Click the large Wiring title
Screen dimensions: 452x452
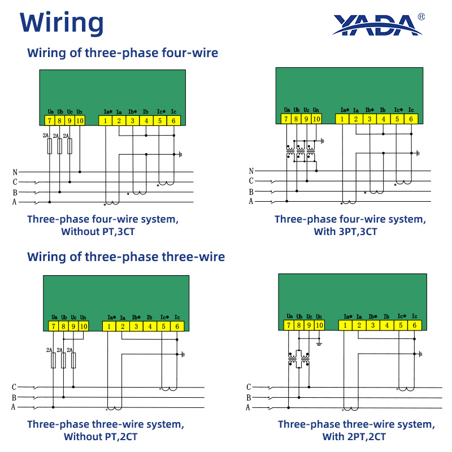click(x=62, y=23)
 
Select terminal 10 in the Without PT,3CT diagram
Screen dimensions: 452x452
click(x=80, y=120)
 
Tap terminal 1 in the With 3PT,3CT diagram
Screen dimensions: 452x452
click(x=342, y=119)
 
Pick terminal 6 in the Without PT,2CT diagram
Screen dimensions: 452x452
click(x=177, y=327)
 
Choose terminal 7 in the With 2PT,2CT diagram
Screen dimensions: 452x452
click(x=289, y=325)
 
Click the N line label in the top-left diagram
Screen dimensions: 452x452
click(x=15, y=172)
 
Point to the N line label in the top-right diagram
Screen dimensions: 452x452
click(x=251, y=171)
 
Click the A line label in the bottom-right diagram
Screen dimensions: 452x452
click(x=248, y=407)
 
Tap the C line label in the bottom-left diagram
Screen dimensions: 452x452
click(x=14, y=387)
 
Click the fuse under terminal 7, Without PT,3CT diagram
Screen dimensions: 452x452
click(x=50, y=146)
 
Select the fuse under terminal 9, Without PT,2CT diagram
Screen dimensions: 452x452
click(x=73, y=360)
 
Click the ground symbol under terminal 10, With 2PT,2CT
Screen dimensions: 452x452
click(x=319, y=344)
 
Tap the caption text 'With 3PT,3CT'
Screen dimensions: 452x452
click(x=345, y=232)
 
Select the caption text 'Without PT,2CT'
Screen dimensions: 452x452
click(x=101, y=436)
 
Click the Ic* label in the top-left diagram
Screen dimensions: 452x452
click(x=162, y=111)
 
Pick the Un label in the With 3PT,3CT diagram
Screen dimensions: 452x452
click(x=316, y=110)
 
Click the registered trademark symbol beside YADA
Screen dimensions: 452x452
click(x=421, y=17)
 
